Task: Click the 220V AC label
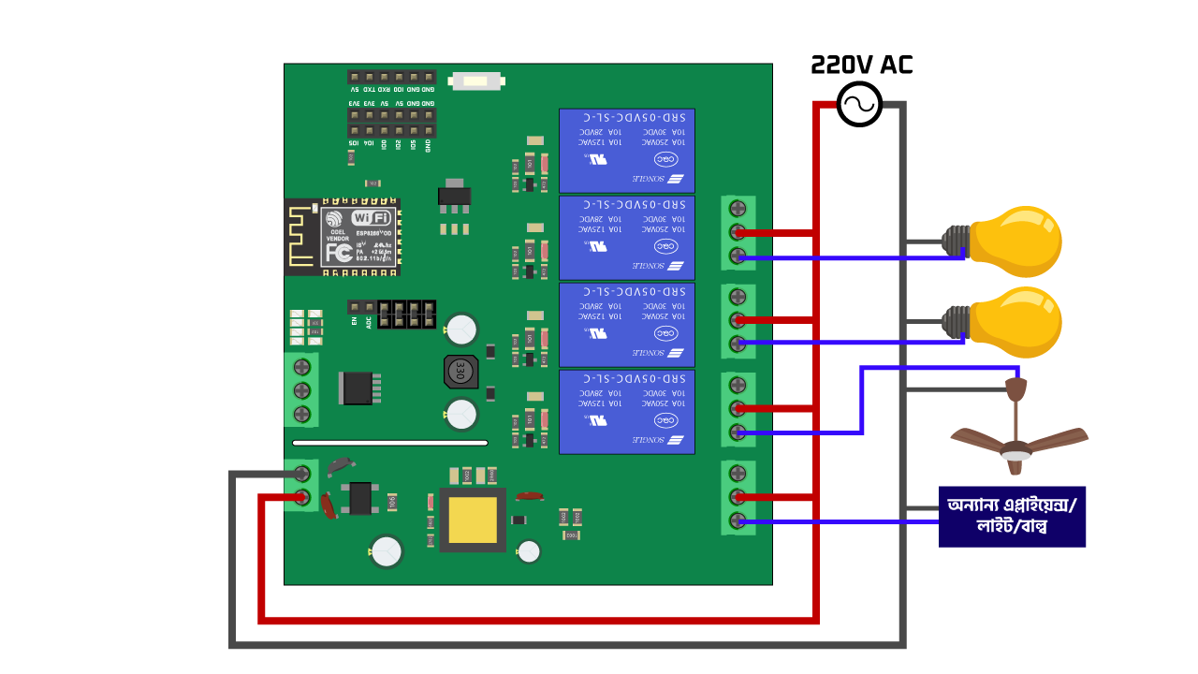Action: click(861, 65)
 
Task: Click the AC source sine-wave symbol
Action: click(858, 104)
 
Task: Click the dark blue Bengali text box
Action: click(1012, 516)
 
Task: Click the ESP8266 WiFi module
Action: click(360, 236)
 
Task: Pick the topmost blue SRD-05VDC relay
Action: click(627, 151)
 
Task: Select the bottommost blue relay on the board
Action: click(627, 412)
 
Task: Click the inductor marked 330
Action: click(459, 373)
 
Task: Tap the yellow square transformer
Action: click(473, 520)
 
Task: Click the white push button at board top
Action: click(476, 81)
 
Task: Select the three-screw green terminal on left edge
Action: click(301, 389)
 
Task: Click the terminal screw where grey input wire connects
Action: click(302, 474)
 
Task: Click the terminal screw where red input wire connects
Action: click(302, 497)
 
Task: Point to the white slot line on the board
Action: click(390, 443)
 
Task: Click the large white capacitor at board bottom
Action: click(386, 550)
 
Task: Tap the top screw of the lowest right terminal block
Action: click(738, 473)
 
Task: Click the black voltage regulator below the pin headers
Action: click(455, 197)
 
